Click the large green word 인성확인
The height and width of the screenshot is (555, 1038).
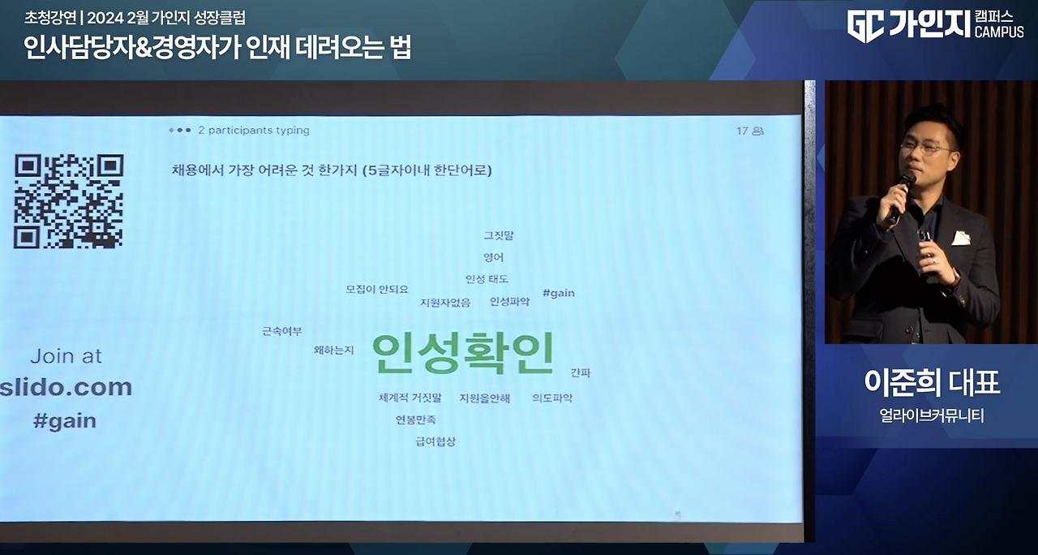click(463, 354)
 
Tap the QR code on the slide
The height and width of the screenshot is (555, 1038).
click(68, 201)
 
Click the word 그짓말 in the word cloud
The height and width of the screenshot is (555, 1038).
click(499, 235)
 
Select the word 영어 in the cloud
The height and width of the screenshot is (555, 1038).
click(493, 257)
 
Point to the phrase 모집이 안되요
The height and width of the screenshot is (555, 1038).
click(377, 289)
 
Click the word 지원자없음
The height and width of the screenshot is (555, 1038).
click(444, 303)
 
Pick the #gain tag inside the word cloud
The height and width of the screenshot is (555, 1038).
click(558, 293)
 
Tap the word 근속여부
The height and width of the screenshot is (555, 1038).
click(282, 331)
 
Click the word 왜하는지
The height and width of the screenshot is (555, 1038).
click(334, 350)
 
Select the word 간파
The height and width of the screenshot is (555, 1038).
click(581, 372)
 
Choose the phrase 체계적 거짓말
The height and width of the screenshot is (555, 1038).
click(410, 398)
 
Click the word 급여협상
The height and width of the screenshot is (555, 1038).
click(435, 441)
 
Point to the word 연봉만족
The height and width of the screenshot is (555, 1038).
click(416, 419)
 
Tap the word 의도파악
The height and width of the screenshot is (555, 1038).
click(552, 398)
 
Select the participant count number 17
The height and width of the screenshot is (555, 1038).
click(742, 131)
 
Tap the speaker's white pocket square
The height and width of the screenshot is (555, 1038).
click(961, 238)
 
